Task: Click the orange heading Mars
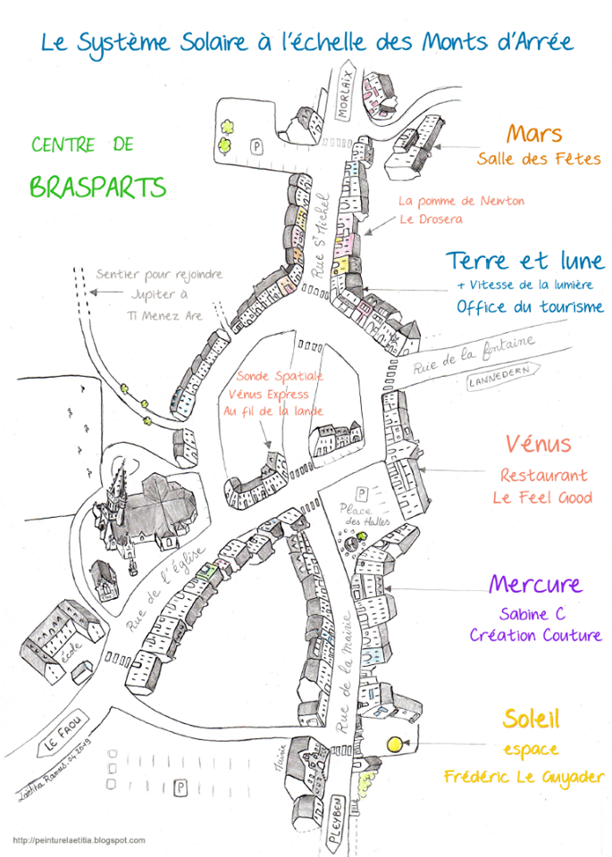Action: (534, 135)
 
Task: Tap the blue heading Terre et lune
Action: (524, 262)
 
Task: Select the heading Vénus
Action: (538, 444)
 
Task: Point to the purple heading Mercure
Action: (535, 586)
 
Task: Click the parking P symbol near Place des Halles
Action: (361, 492)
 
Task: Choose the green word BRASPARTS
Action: (97, 187)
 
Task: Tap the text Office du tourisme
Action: (530, 307)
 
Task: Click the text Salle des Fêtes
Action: (538, 160)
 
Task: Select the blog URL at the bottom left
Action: (79, 840)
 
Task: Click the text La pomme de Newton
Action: (461, 201)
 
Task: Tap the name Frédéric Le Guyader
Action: (524, 777)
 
